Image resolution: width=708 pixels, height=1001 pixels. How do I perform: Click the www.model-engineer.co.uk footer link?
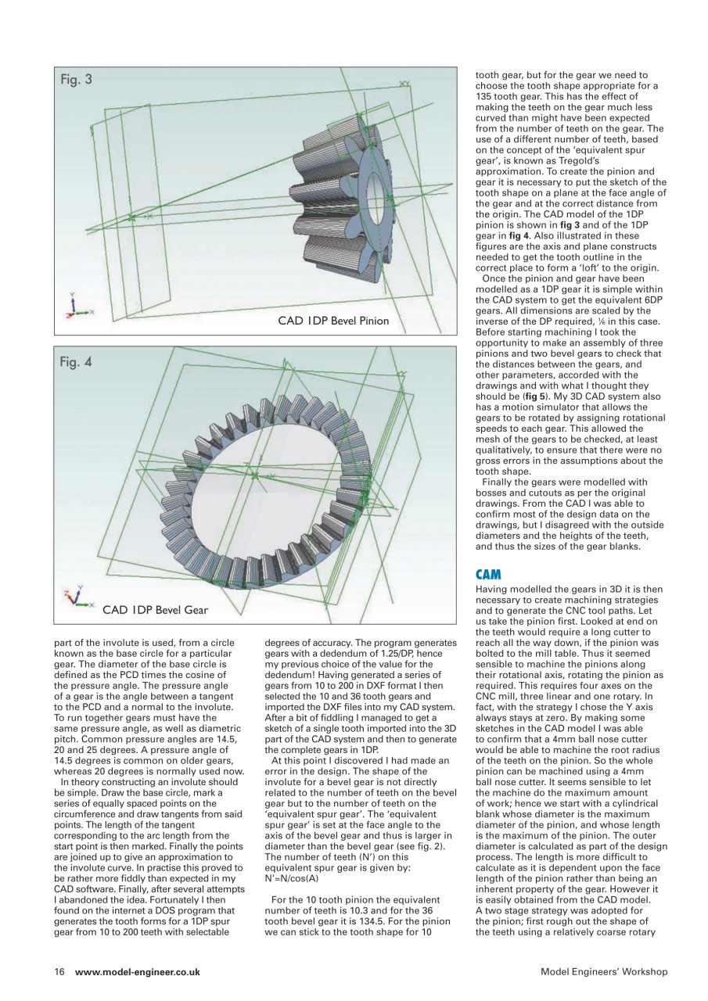(x=138, y=972)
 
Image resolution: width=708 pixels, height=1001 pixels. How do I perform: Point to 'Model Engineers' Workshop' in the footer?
(x=603, y=972)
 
